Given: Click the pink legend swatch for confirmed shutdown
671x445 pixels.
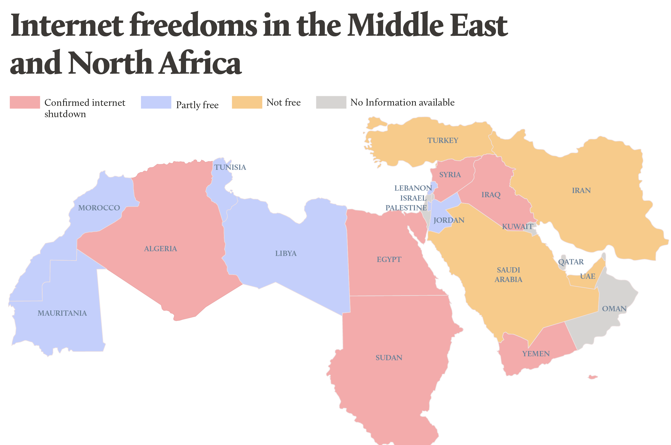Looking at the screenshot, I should tap(25, 102).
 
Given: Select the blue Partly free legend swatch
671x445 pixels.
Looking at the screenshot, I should tap(156, 102).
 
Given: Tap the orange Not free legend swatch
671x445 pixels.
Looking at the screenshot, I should tap(247, 102).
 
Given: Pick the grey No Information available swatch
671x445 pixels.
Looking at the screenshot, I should tap(331, 102).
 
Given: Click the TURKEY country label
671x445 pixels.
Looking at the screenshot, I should tap(443, 141).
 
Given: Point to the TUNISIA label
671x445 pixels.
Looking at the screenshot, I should tap(230, 167).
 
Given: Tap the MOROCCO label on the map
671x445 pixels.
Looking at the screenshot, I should tap(99, 208).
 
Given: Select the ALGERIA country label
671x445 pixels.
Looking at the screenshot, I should tap(160, 249).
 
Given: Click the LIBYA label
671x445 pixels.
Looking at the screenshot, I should tap(286, 253).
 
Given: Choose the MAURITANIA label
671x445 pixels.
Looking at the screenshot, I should tap(62, 313).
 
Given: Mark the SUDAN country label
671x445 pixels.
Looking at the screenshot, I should tap(389, 358).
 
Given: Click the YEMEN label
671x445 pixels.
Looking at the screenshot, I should tap(536, 354).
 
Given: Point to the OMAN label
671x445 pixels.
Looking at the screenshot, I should tap(614, 309).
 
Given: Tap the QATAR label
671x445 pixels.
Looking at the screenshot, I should tap(570, 262).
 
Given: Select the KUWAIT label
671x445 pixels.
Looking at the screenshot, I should tap(517, 226).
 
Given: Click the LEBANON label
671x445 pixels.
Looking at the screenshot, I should tap(413, 188).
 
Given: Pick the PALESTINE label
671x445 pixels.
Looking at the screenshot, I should tap(406, 208).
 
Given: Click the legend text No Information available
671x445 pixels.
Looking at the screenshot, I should tap(402, 102).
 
